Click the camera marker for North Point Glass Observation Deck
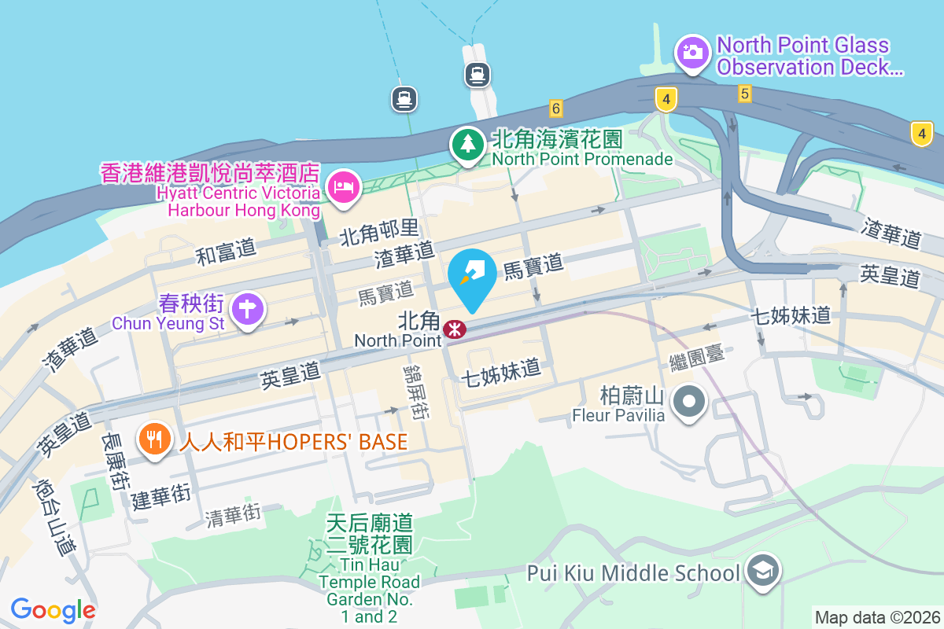coord(692,53)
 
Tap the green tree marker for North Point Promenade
coord(468,145)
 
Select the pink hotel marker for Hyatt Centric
coord(344,188)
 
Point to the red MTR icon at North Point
coord(454,329)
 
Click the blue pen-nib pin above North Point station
coord(471,277)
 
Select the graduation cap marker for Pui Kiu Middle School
coord(762,572)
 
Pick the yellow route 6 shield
coord(556,109)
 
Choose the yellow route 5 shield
coord(744,94)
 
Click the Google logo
coord(53,609)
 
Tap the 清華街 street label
coord(233,515)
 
